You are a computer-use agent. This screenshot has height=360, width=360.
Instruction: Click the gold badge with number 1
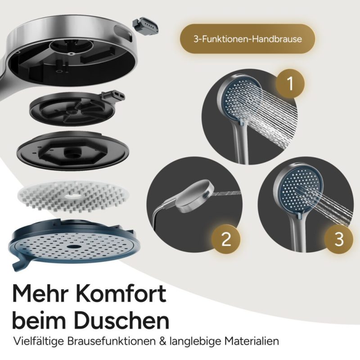(x=290, y=84)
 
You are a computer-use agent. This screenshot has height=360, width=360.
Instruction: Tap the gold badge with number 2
(x=226, y=239)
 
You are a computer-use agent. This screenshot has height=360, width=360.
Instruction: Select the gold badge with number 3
(x=339, y=239)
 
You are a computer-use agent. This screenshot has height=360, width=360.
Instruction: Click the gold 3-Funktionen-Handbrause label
(x=247, y=39)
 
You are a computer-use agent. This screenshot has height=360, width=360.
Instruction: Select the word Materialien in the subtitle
(x=252, y=341)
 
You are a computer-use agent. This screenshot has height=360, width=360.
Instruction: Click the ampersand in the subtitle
(x=162, y=342)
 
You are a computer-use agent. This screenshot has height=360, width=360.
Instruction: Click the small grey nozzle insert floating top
(x=145, y=27)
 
